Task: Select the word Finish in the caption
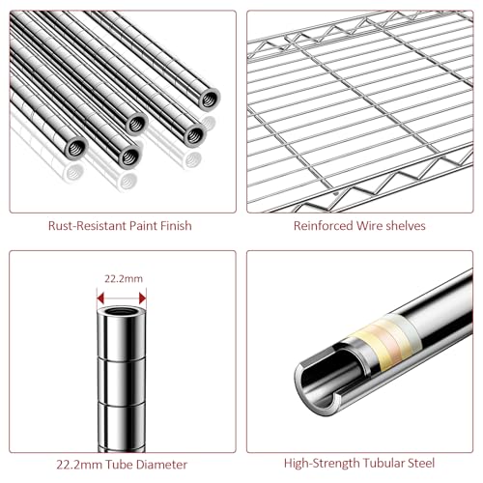(x=176, y=226)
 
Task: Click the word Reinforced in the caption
(x=324, y=226)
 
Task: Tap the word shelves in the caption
(x=406, y=226)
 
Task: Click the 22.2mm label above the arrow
(x=124, y=278)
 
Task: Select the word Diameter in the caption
(x=161, y=465)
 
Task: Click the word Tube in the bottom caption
(x=120, y=465)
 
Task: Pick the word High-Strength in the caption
(x=322, y=464)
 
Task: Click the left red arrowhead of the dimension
(x=100, y=298)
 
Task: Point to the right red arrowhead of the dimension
(x=142, y=298)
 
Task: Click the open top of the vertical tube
(x=122, y=311)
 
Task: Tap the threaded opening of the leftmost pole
(x=77, y=149)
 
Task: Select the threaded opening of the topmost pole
(x=209, y=99)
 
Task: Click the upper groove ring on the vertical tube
(x=122, y=358)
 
